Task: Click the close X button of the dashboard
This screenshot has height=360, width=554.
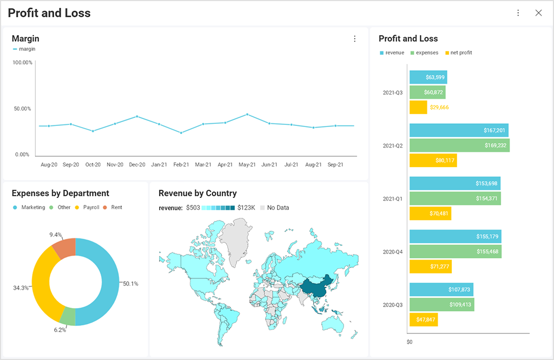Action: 538,13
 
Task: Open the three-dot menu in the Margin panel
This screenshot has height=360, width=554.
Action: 355,39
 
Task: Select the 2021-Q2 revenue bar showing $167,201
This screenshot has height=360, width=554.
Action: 458,130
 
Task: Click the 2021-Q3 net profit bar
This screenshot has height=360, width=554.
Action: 418,107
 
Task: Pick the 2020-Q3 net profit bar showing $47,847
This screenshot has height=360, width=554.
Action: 423,319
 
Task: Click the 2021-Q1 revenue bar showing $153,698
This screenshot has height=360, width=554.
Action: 454,183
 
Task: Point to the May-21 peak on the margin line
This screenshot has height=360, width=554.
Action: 247,114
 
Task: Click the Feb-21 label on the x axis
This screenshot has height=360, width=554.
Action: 181,164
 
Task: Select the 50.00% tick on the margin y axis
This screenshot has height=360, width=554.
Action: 22,109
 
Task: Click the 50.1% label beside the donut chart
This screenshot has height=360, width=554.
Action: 130,284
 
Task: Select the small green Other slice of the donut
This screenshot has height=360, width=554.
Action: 67,316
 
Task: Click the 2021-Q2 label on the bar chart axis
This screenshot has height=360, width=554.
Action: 392,146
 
